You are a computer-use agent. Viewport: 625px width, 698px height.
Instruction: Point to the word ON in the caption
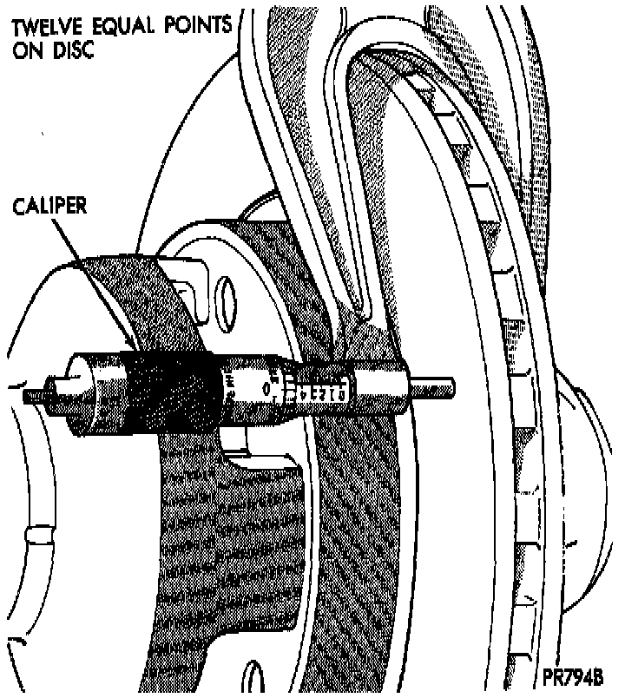pos(27,49)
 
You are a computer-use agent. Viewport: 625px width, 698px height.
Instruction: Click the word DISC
pos(72,49)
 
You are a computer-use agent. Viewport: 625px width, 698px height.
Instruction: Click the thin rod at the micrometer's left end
pos(35,396)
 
